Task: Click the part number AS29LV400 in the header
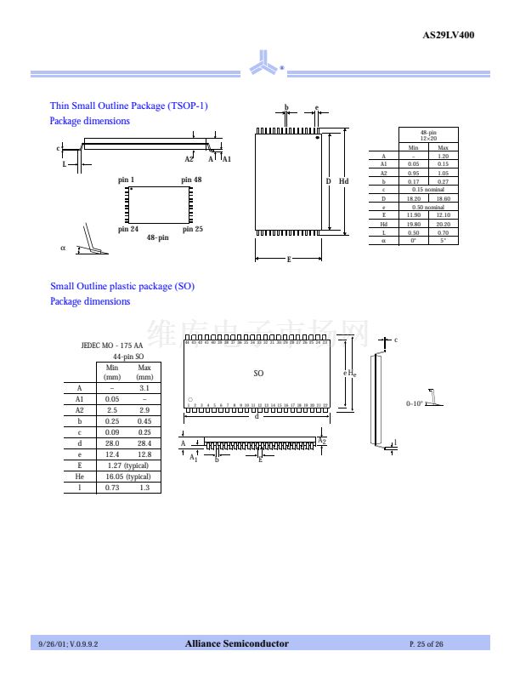448,35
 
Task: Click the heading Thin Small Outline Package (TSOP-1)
128,106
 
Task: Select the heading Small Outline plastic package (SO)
122,286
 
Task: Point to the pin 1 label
126,180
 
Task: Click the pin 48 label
192,180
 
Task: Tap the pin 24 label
127,229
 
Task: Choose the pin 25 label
192,229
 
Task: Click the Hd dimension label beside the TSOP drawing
343,181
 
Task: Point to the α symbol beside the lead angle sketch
63,248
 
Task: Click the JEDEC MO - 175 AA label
111,346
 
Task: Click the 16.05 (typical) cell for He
127,477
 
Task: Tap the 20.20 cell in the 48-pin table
443,224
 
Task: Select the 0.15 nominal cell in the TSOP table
427,190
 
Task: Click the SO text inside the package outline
258,373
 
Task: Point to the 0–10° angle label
415,403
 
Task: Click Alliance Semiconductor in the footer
237,643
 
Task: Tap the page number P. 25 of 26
426,644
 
